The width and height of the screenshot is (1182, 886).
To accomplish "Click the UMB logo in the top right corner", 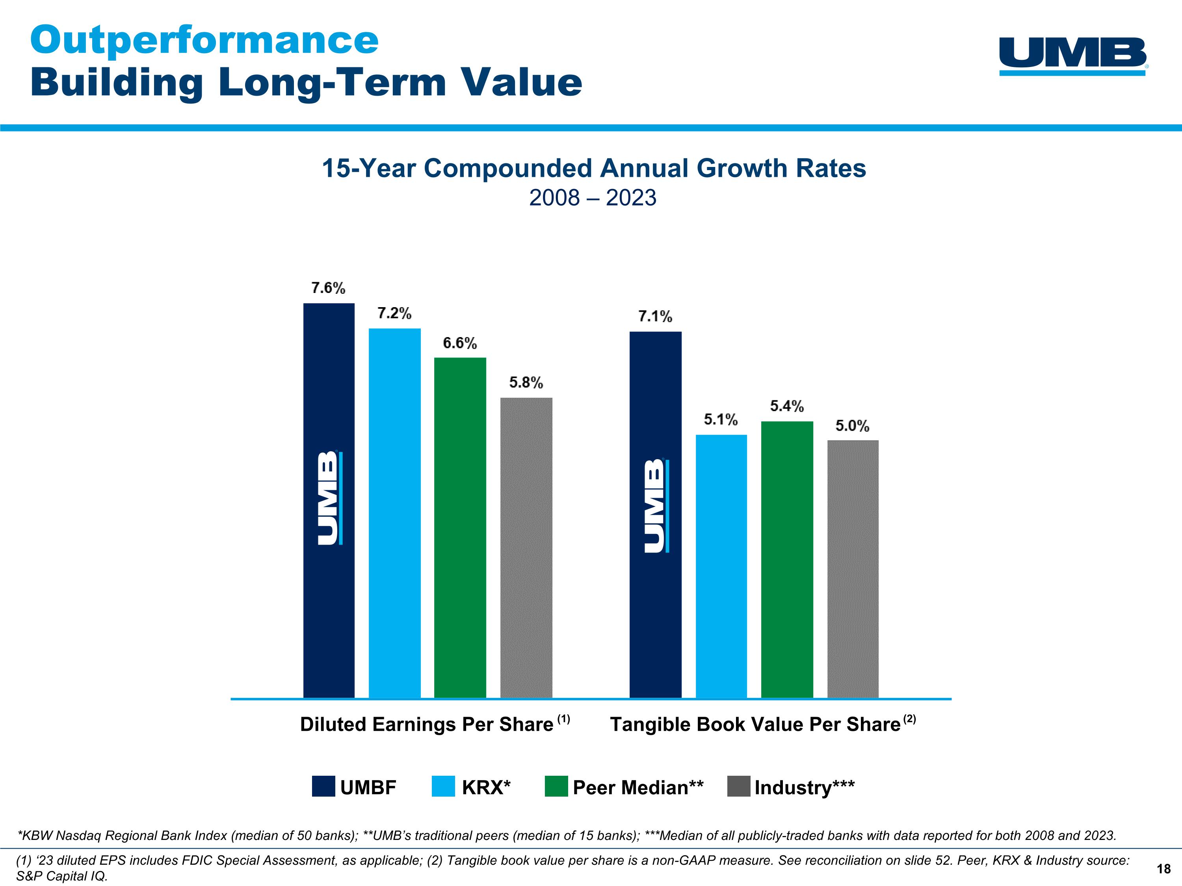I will [1073, 56].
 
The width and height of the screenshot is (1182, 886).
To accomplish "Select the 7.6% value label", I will [328, 288].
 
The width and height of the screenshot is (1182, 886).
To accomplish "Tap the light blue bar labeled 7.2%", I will [395, 513].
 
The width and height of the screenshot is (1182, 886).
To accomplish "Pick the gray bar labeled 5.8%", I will [526, 547].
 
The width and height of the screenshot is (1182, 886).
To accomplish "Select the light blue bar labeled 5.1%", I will [721, 566].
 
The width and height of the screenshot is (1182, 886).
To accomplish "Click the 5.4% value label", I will [786, 406].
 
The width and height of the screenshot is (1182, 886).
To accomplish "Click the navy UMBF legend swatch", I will [323, 787].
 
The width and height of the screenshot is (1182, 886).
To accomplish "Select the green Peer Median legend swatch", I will [556, 787].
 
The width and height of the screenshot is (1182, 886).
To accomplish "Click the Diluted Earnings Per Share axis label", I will [426, 725].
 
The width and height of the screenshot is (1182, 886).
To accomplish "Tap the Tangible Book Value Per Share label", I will [755, 725].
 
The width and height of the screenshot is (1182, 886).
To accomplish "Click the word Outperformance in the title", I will [204, 40].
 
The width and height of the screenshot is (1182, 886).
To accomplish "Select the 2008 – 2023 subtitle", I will [593, 198].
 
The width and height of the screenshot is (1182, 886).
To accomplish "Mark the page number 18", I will [1163, 869].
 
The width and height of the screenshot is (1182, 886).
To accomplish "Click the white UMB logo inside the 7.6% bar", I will [329, 498].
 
